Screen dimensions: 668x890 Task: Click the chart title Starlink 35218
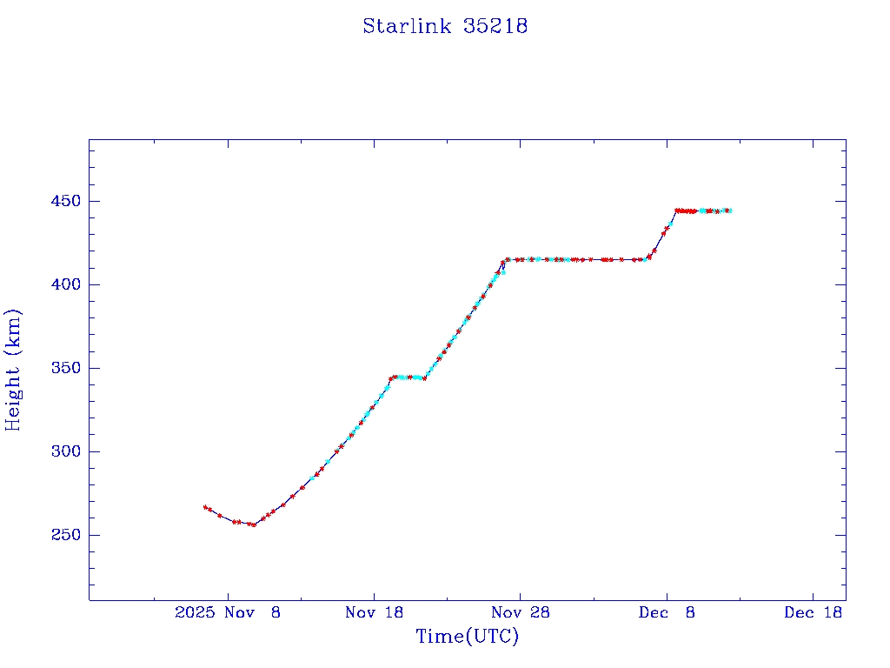point(445,26)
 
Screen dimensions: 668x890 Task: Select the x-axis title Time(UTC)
point(468,637)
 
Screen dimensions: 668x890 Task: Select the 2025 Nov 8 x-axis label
point(228,612)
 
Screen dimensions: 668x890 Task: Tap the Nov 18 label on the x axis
point(375,612)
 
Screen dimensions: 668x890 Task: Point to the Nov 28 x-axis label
point(521,612)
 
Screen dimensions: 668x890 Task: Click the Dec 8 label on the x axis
point(667,612)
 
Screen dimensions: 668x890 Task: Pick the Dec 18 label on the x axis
point(813,612)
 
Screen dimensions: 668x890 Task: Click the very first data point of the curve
point(205,507)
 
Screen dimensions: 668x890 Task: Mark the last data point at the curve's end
point(730,210)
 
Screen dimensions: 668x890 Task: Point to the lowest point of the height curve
point(253,524)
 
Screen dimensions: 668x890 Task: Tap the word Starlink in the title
point(408,26)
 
